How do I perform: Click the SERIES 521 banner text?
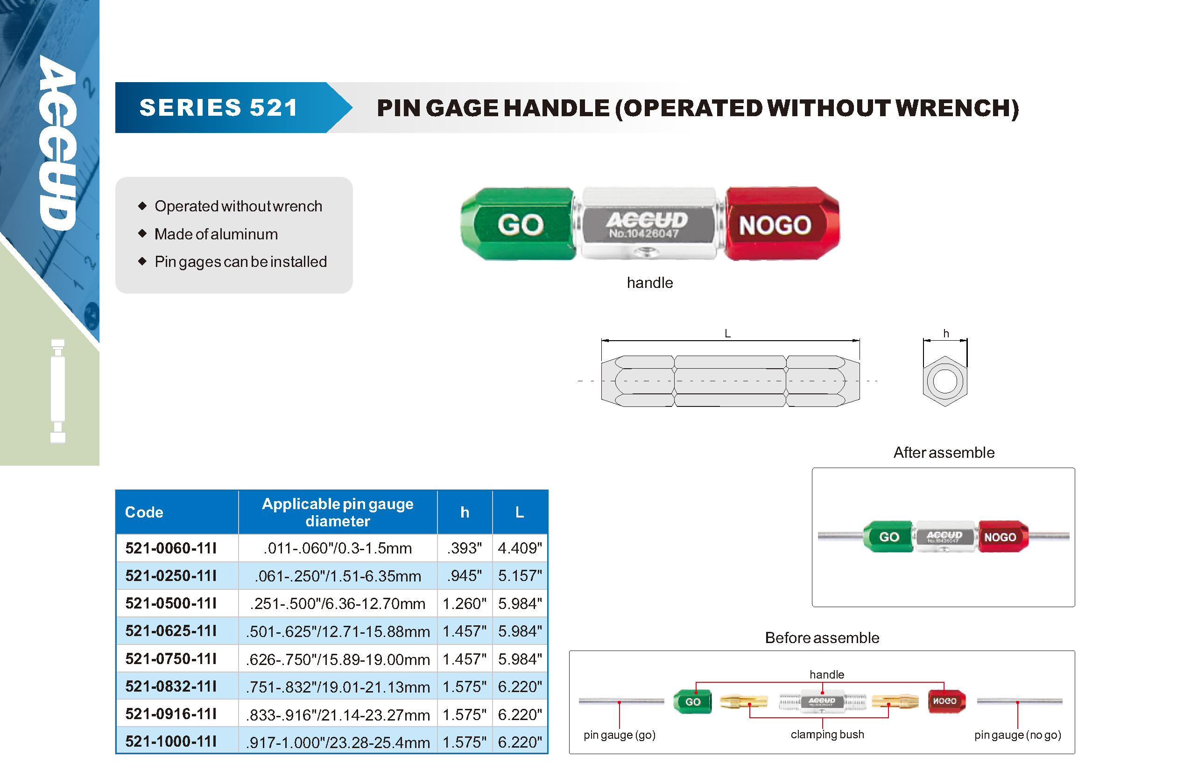[218, 108]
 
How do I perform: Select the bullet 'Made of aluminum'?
[216, 234]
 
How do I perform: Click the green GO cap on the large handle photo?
[518, 224]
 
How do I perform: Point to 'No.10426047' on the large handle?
[644, 234]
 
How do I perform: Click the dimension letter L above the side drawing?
[727, 334]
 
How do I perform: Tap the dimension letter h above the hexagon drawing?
[946, 334]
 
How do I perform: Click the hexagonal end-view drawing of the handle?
[945, 381]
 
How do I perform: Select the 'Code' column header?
[144, 512]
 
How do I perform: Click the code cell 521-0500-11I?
[171, 603]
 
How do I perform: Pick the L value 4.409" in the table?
[520, 548]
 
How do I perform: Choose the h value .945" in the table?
[465, 576]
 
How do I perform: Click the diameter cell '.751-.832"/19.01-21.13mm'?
[338, 687]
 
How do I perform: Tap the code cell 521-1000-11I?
[171, 741]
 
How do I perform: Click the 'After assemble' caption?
[944, 452]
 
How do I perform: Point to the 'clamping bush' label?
[827, 735]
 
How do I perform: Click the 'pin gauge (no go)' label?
[1017, 735]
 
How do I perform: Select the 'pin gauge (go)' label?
[620, 735]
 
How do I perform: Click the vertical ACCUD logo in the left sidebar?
[58, 143]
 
